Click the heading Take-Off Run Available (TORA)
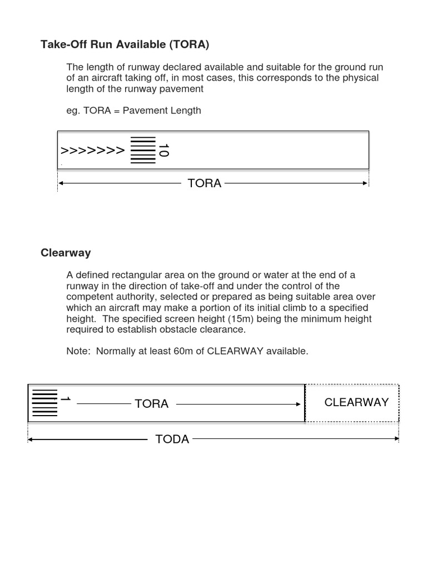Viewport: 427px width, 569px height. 125,44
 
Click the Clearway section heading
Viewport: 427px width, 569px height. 66,253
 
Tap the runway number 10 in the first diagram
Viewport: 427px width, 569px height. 163,150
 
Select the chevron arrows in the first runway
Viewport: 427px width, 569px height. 92,150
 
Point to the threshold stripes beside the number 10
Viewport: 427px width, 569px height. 143,150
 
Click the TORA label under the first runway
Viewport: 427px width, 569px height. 205,183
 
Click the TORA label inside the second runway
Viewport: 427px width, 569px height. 151,404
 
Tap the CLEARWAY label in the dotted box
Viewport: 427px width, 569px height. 356,402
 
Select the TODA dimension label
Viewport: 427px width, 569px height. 172,440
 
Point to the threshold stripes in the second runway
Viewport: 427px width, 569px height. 44,403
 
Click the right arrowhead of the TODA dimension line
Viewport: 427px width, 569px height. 396,439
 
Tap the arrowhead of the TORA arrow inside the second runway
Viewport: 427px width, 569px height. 298,405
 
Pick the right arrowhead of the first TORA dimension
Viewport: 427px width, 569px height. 365,183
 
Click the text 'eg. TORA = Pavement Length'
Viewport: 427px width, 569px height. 133,111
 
